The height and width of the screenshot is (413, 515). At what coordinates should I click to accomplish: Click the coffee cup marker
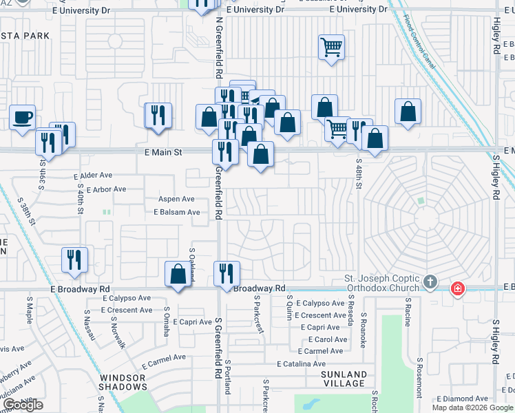pyautogui.click(x=23, y=117)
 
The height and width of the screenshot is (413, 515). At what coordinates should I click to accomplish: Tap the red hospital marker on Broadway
pyautogui.click(x=456, y=288)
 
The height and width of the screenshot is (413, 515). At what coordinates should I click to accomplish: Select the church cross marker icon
pyautogui.click(x=430, y=282)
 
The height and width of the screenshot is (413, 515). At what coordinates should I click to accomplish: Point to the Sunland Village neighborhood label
pyautogui.click(x=344, y=379)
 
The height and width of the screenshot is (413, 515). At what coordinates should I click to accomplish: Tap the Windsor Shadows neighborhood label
pyautogui.click(x=123, y=383)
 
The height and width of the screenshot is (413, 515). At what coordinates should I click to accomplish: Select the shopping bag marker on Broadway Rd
pyautogui.click(x=178, y=274)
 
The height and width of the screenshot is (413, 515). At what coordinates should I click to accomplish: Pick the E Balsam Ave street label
pyautogui.click(x=176, y=212)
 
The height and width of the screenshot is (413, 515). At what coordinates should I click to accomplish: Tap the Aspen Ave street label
pyautogui.click(x=176, y=199)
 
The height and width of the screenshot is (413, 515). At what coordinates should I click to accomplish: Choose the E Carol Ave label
pyautogui.click(x=328, y=339)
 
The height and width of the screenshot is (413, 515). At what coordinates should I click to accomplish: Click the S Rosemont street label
pyautogui.click(x=419, y=378)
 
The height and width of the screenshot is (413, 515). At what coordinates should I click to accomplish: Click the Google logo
pyautogui.click(x=23, y=405)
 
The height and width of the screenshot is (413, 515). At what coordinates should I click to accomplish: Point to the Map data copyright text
pyautogui.click(x=473, y=407)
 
